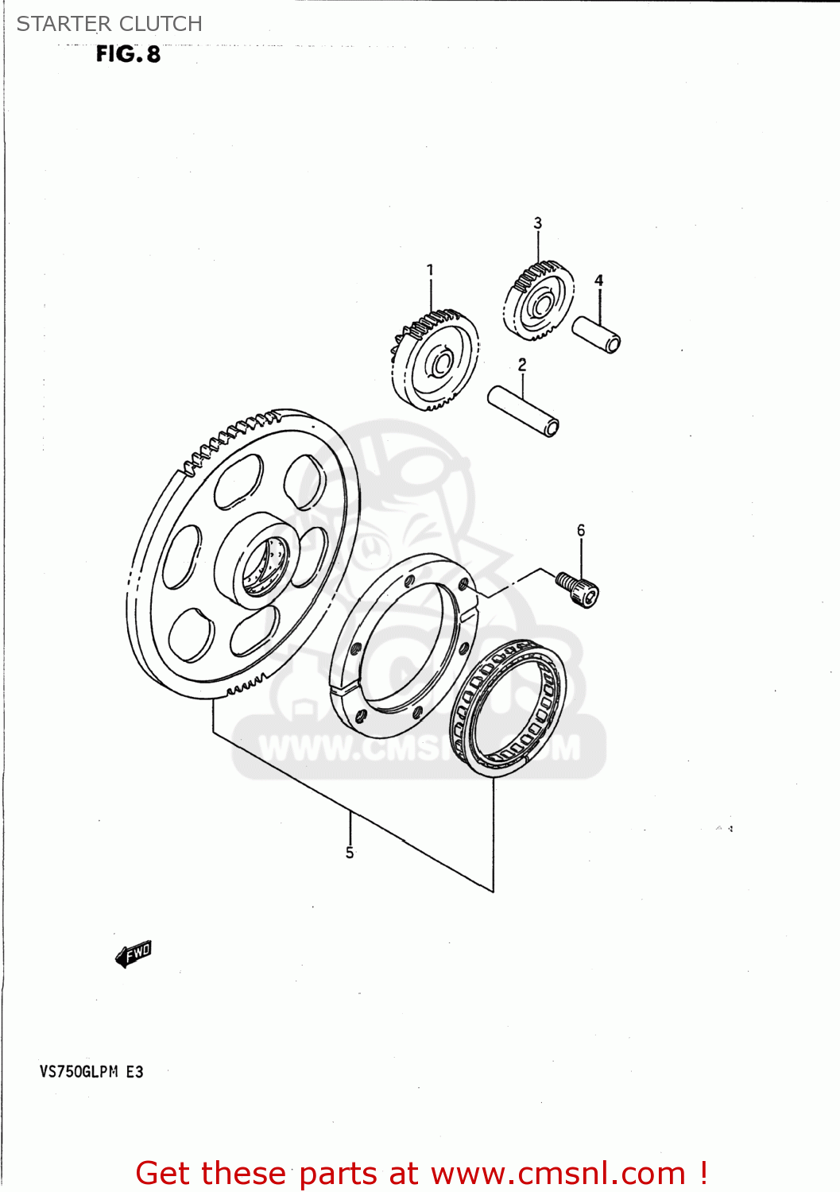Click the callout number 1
pos(430,270)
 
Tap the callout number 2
pos(522,365)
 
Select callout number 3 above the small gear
pos(538,223)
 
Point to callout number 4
pos(599,281)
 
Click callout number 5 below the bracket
pos(350,853)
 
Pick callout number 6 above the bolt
pos(581,530)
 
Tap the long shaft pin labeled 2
pos(523,410)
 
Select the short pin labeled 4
pos(596,334)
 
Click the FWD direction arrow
pos(133,954)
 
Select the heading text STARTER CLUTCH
pos(110,24)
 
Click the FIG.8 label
pos(128,54)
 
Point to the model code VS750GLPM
pos(79,1071)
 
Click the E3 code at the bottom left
pos(135,1071)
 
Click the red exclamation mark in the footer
pos(703,1173)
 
